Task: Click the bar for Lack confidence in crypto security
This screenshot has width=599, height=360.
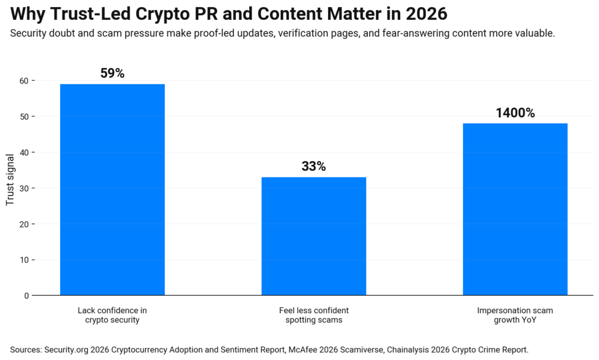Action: point(112,190)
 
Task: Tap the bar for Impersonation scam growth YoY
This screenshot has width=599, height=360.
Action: point(515,209)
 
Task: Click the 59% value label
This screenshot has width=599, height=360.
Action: point(112,74)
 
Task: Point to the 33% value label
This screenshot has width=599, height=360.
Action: point(314,167)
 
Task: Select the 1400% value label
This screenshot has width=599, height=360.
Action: point(515,114)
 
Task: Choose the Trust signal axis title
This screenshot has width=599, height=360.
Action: point(10,188)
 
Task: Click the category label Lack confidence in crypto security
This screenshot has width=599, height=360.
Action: point(112,316)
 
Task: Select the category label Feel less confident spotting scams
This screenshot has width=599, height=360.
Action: point(314,316)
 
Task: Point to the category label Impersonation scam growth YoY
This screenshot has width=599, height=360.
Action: point(515,316)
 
